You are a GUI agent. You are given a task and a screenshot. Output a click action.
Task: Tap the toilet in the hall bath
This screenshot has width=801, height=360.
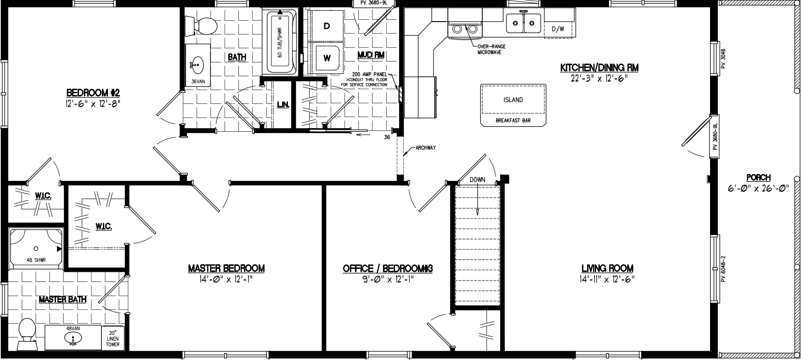[202, 25]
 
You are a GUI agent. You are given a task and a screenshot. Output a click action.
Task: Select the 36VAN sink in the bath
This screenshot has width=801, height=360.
[197, 65]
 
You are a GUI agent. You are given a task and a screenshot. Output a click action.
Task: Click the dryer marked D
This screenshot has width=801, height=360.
[327, 26]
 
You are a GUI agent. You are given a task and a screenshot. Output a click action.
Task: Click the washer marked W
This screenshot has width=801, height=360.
[327, 58]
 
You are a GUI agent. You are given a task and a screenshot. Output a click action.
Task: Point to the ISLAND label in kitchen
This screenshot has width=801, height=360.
[513, 100]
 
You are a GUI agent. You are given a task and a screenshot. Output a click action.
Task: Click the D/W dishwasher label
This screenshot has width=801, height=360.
[558, 29]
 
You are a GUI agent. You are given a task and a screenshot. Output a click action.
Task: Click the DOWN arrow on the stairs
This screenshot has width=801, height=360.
[477, 197]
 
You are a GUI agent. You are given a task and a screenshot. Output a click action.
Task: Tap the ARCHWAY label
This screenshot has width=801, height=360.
[425, 148]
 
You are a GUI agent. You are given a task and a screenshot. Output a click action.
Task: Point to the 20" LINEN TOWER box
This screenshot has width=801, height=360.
[113, 339]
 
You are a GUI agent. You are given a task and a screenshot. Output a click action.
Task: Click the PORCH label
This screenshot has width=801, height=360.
[758, 178]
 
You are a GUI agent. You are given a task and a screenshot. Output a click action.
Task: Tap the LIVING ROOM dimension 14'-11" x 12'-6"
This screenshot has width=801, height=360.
[607, 279]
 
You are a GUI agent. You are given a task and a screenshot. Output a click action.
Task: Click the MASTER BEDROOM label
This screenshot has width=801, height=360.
[226, 268]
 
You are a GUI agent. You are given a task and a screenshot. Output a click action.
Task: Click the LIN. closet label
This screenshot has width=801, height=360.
[283, 105]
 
